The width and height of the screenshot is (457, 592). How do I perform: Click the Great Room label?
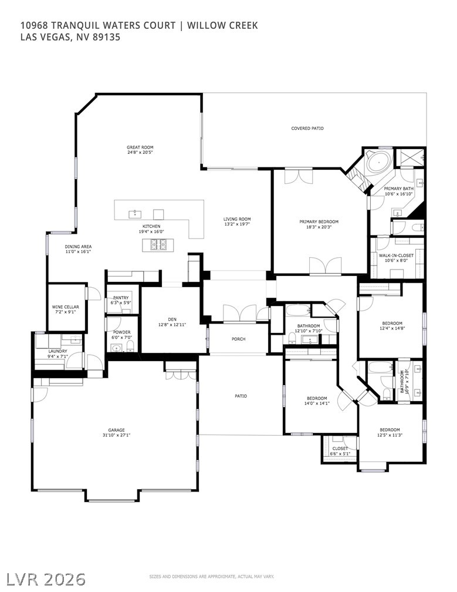(140, 147)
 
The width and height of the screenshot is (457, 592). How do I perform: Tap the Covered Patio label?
(307, 128)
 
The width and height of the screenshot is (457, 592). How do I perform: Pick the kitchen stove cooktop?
(158, 244)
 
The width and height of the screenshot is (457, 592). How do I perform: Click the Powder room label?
(121, 332)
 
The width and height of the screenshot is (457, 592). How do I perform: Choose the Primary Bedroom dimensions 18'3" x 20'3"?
(319, 227)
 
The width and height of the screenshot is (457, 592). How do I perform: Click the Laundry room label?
(57, 351)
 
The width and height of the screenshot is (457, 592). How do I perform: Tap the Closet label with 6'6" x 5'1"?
(340, 448)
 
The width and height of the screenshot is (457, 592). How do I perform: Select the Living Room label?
(237, 219)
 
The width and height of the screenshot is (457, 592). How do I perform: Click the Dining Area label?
(78, 247)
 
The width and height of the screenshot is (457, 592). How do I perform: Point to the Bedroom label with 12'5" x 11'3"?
(390, 429)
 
